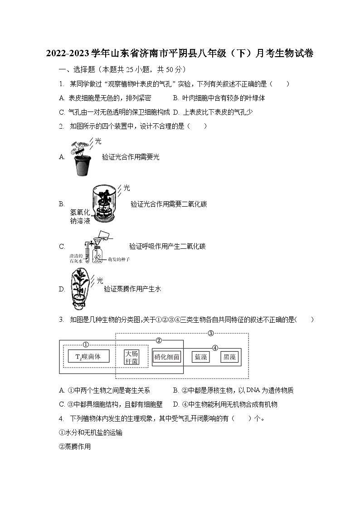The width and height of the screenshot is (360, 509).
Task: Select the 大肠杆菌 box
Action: click(131, 357)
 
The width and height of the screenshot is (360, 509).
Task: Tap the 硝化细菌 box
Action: click(167, 357)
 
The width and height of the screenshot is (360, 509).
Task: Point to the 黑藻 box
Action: click(229, 357)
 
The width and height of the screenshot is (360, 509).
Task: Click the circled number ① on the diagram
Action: click(85, 344)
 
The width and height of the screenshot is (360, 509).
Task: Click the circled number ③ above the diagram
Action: click(210, 334)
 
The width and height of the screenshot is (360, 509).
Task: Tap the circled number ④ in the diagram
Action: click(215, 348)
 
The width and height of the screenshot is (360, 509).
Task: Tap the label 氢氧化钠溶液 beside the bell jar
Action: click(80, 217)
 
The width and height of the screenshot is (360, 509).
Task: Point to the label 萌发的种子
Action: click(119, 259)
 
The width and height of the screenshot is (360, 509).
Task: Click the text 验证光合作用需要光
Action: click(131, 157)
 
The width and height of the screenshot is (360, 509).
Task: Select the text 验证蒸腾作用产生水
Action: click(132, 289)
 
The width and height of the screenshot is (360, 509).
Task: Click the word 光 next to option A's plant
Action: click(98, 141)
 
